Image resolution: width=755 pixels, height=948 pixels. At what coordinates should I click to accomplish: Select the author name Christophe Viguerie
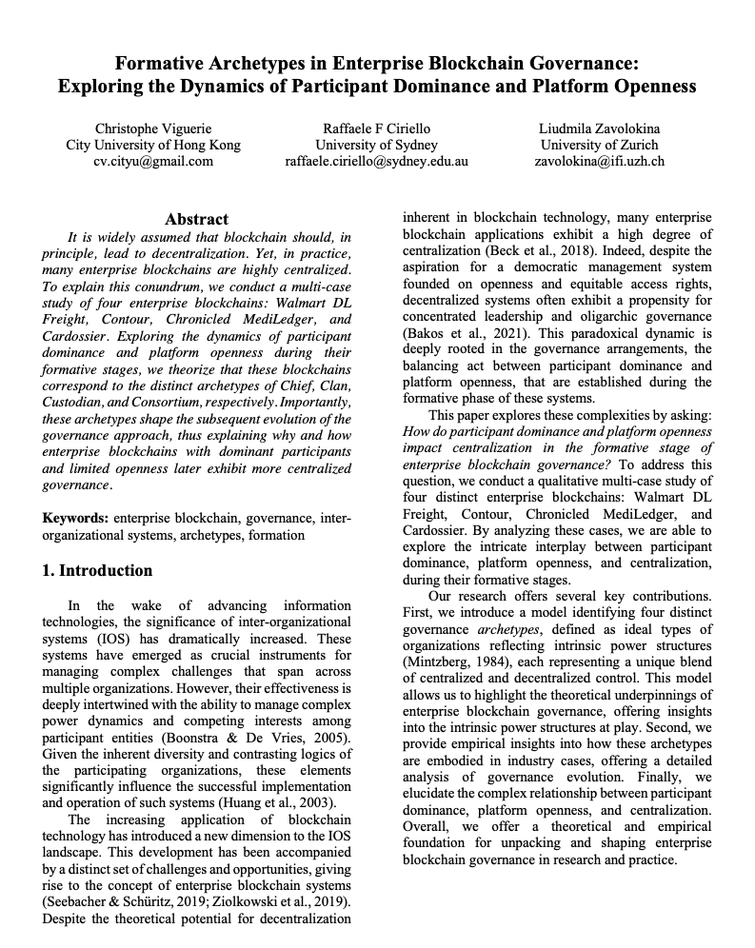pyautogui.click(x=153, y=128)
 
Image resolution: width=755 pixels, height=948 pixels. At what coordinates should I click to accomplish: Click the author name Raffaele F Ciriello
pyautogui.click(x=377, y=128)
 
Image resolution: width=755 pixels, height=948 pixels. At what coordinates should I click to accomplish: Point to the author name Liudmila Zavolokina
pyautogui.click(x=600, y=128)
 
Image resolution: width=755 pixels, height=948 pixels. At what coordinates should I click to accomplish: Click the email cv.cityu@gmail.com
pyautogui.click(x=153, y=161)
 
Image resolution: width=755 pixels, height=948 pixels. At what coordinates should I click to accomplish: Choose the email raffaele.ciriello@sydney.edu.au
pyautogui.click(x=377, y=161)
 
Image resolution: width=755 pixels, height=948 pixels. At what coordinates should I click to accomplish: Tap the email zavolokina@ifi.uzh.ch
pyautogui.click(x=600, y=161)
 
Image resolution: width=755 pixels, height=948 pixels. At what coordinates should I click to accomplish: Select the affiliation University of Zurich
pyautogui.click(x=600, y=145)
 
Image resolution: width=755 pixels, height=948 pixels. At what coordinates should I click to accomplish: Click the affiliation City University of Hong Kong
pyautogui.click(x=153, y=145)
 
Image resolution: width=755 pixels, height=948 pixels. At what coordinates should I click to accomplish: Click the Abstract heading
pyautogui.click(x=196, y=219)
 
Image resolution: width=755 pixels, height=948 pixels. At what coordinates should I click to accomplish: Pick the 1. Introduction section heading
pyautogui.click(x=98, y=571)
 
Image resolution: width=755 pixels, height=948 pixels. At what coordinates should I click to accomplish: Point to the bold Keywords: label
pyautogui.click(x=76, y=519)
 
